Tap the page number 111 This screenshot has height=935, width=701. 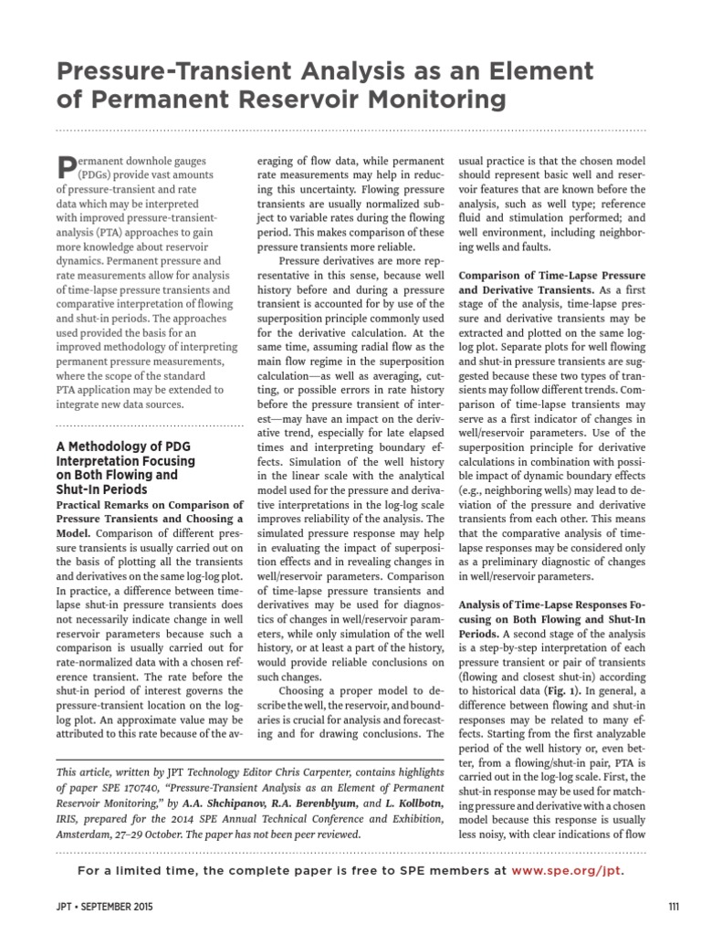[x=674, y=906]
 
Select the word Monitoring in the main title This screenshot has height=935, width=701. [x=424, y=98]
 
